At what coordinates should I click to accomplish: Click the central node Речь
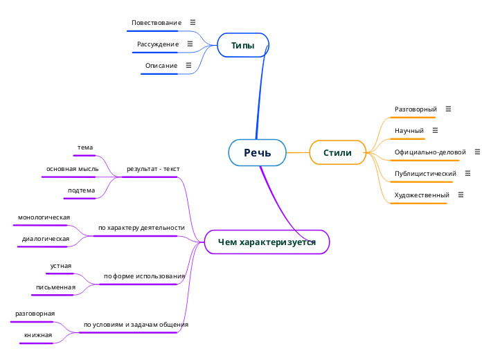[x=257, y=153]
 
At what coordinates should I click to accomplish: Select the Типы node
[x=242, y=46]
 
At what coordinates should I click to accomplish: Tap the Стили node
[x=337, y=153]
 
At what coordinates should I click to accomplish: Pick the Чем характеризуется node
[x=267, y=242]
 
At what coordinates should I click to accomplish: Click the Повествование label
[x=157, y=23]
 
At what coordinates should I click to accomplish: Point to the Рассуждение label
[x=158, y=44]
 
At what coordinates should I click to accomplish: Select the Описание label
[x=161, y=66]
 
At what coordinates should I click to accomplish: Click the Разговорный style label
[x=416, y=109]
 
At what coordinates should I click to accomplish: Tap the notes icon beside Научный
[x=435, y=130]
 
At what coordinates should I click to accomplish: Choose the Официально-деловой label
[x=430, y=152]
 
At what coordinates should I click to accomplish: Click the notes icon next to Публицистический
[x=468, y=173]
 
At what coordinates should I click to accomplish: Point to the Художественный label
[x=422, y=195]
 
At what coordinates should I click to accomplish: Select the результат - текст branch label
[x=152, y=169]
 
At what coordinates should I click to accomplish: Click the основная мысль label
[x=73, y=169]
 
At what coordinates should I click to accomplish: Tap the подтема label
[x=82, y=190]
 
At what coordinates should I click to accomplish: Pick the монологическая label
[x=44, y=217]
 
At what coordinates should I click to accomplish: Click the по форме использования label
[x=144, y=276]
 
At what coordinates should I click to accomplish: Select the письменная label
[x=56, y=287]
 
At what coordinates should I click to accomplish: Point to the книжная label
[x=38, y=335]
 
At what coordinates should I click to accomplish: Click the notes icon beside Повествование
[x=193, y=23]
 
